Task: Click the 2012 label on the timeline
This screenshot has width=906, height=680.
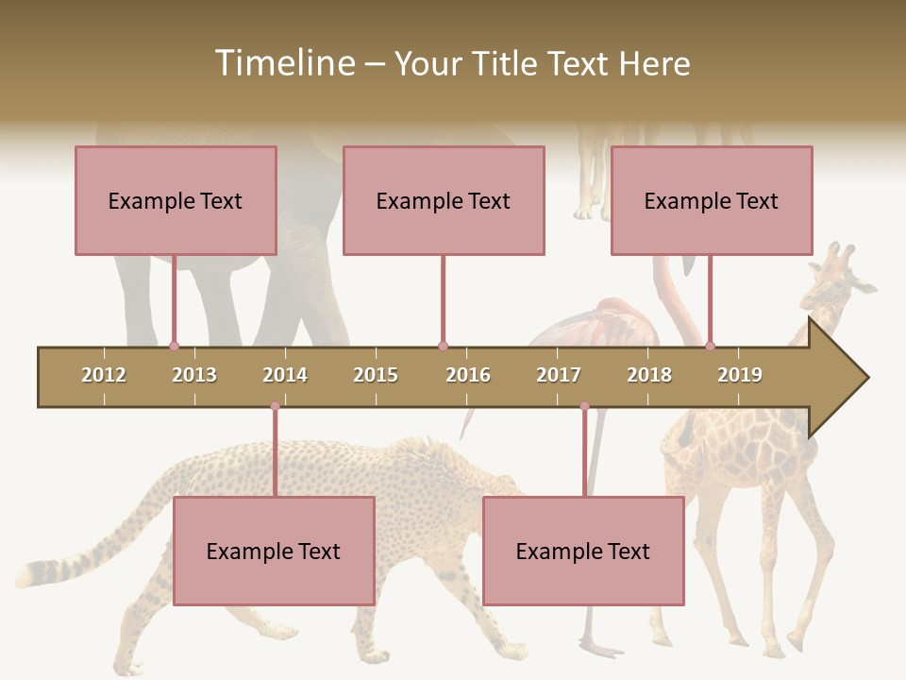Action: coord(104,375)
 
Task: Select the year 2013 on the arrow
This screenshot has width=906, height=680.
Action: coord(194,375)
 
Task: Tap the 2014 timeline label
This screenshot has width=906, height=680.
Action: coord(285,375)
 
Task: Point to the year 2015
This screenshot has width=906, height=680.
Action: coord(376,375)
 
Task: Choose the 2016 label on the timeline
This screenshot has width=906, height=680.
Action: coord(468,375)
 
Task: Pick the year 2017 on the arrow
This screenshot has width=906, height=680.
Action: coord(559,375)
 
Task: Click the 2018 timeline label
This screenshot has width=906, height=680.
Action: coord(649,375)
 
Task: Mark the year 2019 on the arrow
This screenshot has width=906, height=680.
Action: coord(740,375)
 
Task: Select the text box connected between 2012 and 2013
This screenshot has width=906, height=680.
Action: coord(176,200)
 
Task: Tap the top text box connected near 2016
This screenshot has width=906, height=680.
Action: coord(444,200)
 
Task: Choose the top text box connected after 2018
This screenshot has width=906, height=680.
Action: coord(712,200)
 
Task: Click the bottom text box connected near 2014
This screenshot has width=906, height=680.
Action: coord(274,551)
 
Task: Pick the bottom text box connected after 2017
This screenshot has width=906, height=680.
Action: coord(583,551)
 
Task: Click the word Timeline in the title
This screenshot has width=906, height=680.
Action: coord(284,63)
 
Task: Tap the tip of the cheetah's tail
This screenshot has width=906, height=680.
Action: coord(23,572)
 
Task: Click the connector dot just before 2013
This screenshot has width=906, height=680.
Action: coord(174,346)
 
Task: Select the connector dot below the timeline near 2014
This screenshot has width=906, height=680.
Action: coord(275,406)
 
